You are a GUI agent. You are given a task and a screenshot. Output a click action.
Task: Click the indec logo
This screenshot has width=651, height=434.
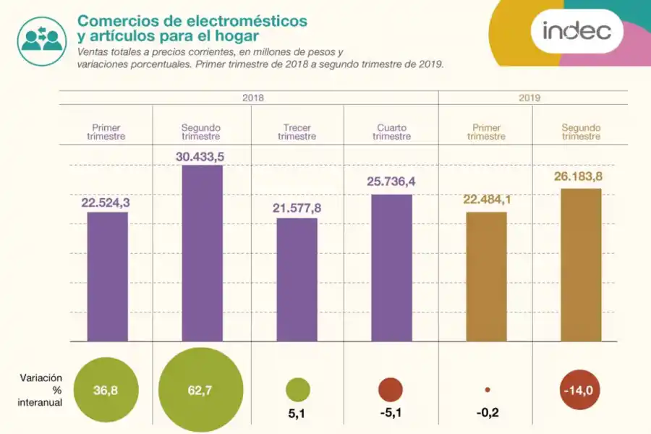coord(576,31)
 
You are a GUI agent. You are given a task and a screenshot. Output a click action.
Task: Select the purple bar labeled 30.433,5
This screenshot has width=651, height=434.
coord(203,253)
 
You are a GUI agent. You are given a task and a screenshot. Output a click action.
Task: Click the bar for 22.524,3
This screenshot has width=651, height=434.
coord(108,276)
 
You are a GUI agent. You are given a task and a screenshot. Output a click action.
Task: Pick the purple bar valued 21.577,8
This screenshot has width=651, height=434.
coord(297,279)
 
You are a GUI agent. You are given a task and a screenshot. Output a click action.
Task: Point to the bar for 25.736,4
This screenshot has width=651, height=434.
coord(392,268)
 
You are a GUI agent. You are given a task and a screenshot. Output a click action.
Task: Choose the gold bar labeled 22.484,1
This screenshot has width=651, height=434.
coord(486,276)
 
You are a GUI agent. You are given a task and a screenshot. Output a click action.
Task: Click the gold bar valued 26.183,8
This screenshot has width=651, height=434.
coord(581,265)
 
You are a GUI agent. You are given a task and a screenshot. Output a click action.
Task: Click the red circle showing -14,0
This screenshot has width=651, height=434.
coord(581,391)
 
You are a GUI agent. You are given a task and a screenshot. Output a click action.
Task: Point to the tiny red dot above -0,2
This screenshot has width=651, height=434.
coord(488,390)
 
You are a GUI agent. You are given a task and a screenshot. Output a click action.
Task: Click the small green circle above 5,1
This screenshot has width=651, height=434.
coord(297,390)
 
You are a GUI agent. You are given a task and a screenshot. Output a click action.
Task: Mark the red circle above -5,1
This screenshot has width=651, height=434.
coord(391,390)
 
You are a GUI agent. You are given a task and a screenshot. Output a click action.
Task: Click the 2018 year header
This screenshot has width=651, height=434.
coord(248,98)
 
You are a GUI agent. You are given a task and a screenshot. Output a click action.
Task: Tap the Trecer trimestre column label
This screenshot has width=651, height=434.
coord(297,132)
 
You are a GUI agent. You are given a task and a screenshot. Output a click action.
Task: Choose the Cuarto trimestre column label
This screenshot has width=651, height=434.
coord(391,132)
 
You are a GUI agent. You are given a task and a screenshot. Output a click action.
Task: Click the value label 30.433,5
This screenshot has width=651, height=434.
coord(203,156)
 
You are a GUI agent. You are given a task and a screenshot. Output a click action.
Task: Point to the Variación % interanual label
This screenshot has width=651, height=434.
coord(41,391)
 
